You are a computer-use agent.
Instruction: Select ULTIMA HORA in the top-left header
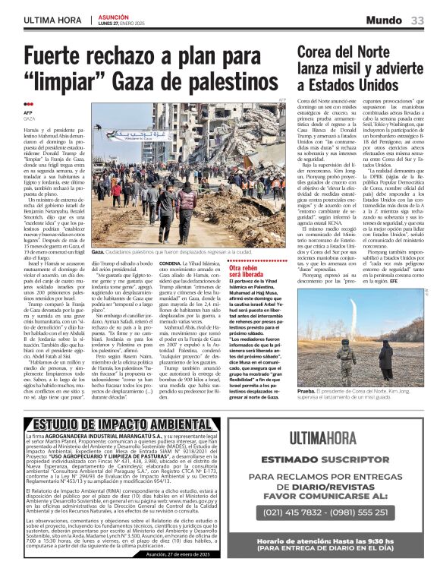(52, 19)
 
